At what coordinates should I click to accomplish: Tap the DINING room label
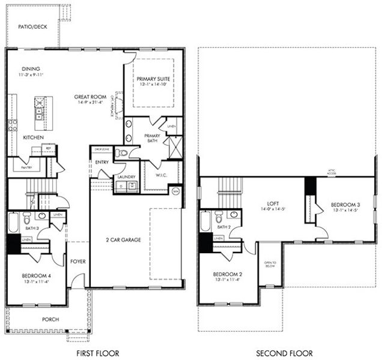[31, 69]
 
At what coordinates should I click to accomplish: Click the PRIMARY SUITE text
[153, 79]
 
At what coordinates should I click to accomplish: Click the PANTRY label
[26, 167]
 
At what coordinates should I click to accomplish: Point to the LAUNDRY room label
[126, 177]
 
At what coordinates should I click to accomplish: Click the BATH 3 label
[32, 228]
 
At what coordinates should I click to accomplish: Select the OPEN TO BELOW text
[270, 265]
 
